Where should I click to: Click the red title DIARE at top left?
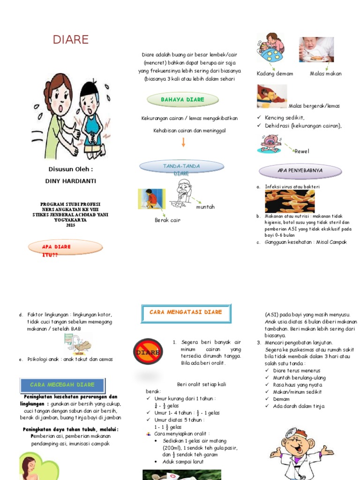tap(71, 40)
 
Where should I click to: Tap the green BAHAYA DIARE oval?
tap(182, 99)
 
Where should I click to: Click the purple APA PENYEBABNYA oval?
tap(300, 171)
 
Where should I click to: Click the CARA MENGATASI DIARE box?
tap(186, 313)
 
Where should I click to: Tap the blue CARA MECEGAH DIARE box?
tap(62, 384)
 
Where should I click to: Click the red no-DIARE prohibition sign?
tap(148, 351)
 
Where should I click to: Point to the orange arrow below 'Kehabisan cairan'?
tap(183, 142)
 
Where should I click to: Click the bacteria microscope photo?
tap(290, 201)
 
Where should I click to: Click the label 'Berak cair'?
tap(167, 220)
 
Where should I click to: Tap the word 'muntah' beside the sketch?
tap(205, 207)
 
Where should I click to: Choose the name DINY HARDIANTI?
tap(71, 181)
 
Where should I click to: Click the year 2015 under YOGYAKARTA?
tap(70, 225)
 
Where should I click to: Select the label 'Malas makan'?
tap(326, 74)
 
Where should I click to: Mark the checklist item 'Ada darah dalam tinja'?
tap(299, 406)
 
